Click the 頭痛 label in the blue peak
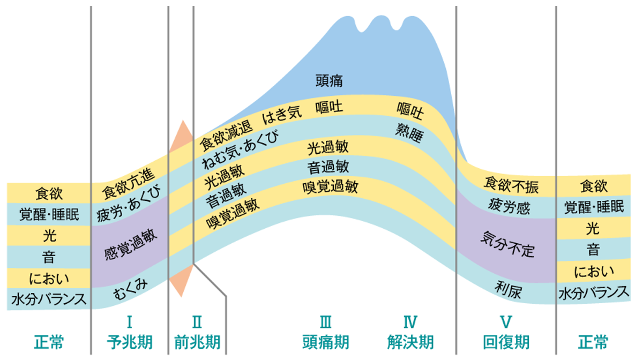329,81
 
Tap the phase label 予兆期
130,342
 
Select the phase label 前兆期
197,342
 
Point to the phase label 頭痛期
326,342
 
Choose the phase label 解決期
410,342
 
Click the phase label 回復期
506,342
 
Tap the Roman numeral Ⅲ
326,322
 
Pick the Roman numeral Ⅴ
506,322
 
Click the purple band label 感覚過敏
131,245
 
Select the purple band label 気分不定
507,244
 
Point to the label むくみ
130,289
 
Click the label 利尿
508,290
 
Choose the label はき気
282,115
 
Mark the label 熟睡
409,133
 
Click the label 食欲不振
511,185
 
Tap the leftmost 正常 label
49,342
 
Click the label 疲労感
509,206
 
